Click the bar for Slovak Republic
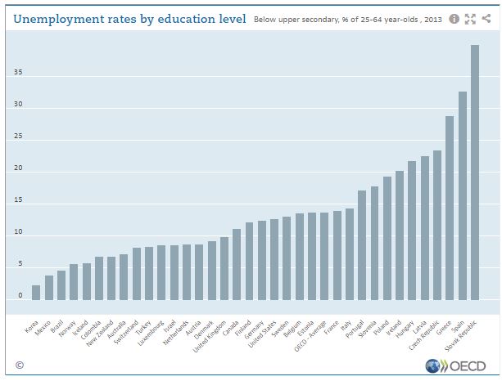(x=475, y=173)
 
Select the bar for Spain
(x=462, y=196)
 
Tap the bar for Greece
(x=450, y=208)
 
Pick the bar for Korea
(x=36, y=293)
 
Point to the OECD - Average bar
(x=323, y=257)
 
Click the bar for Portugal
(x=361, y=245)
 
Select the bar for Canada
(x=237, y=265)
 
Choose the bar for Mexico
(x=48, y=288)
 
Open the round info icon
(x=455, y=19)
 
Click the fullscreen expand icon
(x=470, y=19)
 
